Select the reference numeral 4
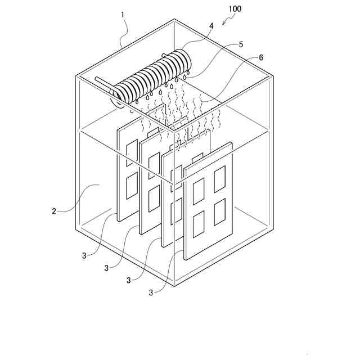tap(211, 26)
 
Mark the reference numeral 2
tap(54, 211)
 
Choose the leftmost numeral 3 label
tap(84, 255)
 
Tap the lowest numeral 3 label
tap(151, 292)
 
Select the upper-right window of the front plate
tap(219, 179)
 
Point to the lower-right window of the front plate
tap(219, 213)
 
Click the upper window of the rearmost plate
tap(131, 153)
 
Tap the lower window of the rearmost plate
tap(131, 185)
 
